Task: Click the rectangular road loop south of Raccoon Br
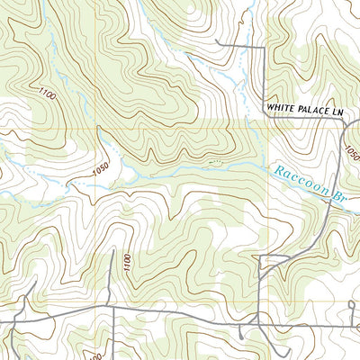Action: (x=270, y=263)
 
